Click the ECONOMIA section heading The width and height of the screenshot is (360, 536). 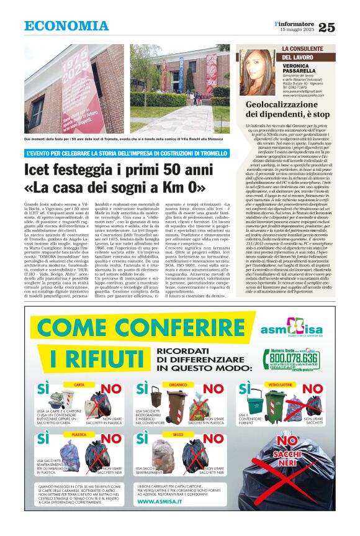click(x=66, y=26)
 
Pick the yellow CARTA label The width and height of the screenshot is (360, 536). click(x=79, y=386)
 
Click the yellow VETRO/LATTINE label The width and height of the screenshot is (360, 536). click(x=276, y=386)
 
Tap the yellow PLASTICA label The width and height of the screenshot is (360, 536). click(x=79, y=435)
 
